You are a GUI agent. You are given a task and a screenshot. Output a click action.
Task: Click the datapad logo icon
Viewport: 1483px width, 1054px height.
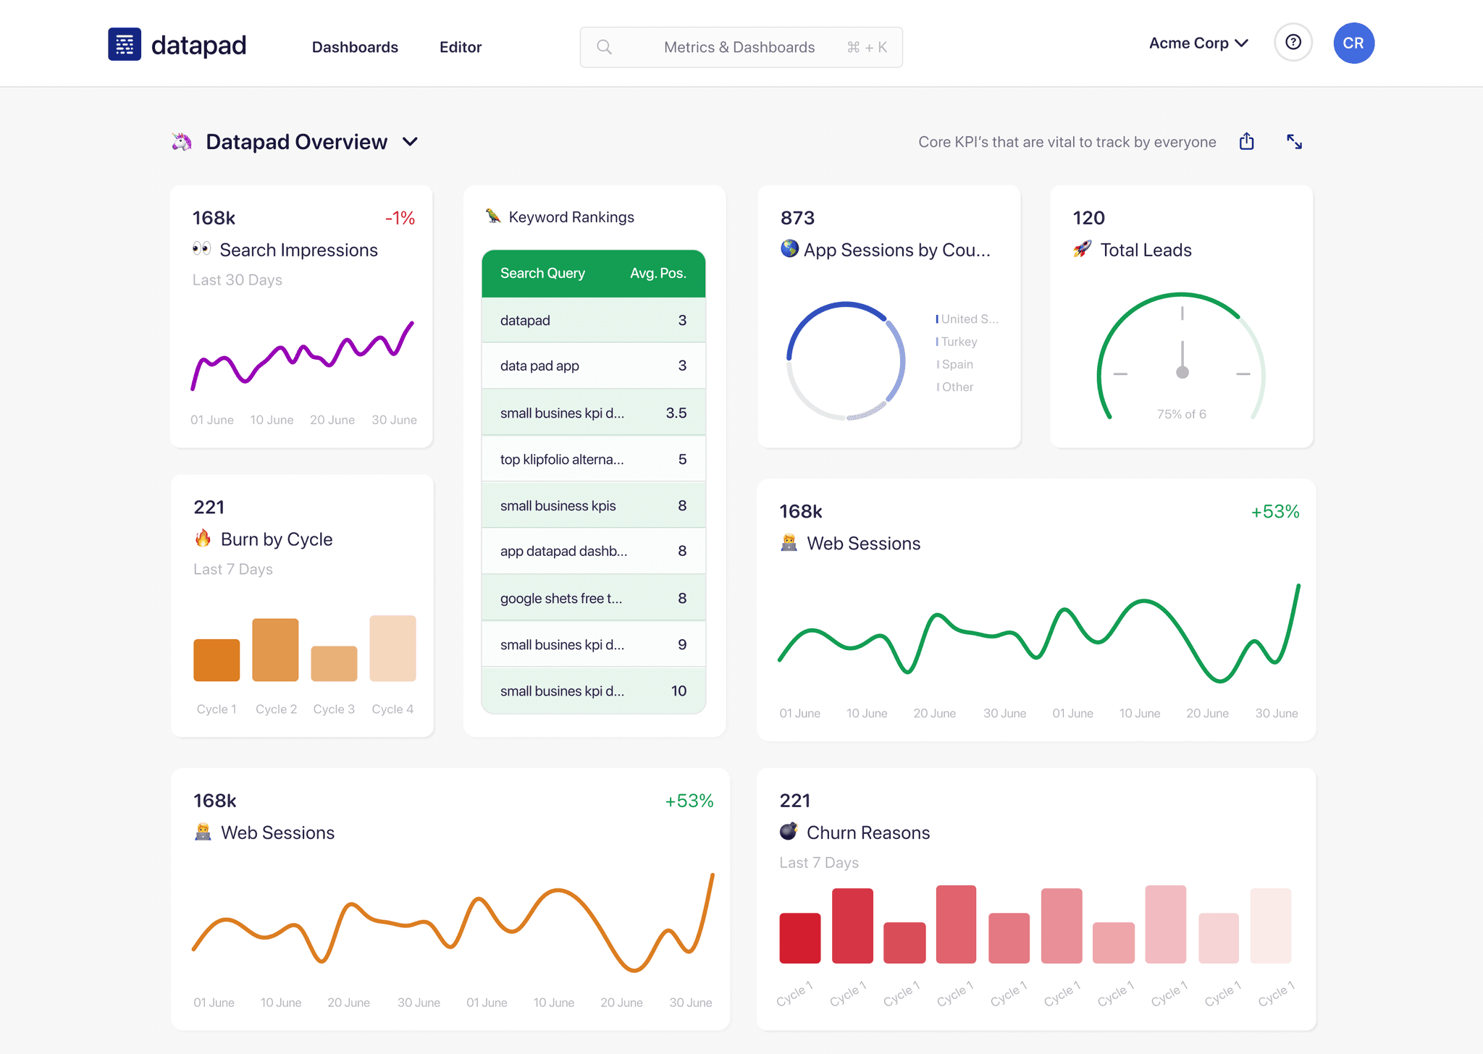pyautogui.click(x=125, y=44)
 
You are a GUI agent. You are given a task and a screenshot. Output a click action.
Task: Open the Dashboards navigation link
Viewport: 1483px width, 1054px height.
pyautogui.click(x=355, y=47)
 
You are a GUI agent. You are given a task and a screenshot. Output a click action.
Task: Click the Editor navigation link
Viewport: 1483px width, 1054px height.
pyautogui.click(x=460, y=47)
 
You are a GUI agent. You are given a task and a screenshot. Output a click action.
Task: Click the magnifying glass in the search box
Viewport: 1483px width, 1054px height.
pyautogui.click(x=604, y=47)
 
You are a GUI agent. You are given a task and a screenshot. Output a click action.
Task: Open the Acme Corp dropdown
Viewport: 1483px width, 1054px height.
pyautogui.click(x=1198, y=43)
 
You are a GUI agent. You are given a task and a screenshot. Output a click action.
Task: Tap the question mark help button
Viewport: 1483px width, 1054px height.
pyautogui.click(x=1293, y=43)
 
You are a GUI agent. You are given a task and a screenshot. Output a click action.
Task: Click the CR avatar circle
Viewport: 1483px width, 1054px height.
pyautogui.click(x=1353, y=43)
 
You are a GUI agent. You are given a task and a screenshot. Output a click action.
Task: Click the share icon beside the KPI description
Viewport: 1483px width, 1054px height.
pyautogui.click(x=1246, y=141)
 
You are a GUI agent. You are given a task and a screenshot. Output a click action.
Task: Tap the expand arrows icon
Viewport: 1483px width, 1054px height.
pyautogui.click(x=1294, y=142)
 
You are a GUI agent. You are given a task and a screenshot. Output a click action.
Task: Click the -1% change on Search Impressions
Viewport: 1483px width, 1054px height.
pyautogui.click(x=400, y=218)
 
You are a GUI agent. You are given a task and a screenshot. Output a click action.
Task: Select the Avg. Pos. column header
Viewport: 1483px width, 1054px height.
pyautogui.click(x=658, y=274)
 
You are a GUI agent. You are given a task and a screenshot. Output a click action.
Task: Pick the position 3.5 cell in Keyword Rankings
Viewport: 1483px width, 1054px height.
pyautogui.click(x=676, y=413)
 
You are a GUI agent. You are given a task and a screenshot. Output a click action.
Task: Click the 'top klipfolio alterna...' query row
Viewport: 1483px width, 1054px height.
pyautogui.click(x=561, y=460)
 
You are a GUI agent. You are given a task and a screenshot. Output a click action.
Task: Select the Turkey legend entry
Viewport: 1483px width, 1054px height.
pyautogui.click(x=958, y=342)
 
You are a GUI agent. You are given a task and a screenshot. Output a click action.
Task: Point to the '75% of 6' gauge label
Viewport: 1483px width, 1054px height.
pyautogui.click(x=1181, y=414)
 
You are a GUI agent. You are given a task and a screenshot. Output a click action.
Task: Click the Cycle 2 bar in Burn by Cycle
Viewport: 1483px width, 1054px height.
pyautogui.click(x=275, y=650)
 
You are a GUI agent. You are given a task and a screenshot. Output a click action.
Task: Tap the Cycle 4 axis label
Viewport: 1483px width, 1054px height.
pyautogui.click(x=392, y=709)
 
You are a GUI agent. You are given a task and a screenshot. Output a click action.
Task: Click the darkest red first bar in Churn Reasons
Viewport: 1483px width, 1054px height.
pyautogui.click(x=799, y=938)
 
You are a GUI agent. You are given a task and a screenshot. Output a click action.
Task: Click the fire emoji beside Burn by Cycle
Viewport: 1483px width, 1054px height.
pyautogui.click(x=203, y=539)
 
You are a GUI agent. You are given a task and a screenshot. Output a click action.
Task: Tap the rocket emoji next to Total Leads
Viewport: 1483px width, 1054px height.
pyautogui.click(x=1082, y=250)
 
